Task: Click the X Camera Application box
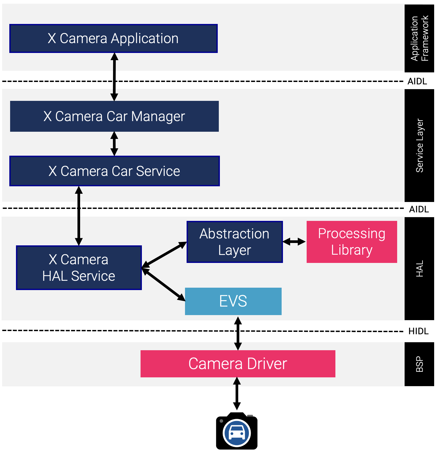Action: pyautogui.click(x=113, y=39)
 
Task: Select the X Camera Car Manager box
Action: pyautogui.click(x=114, y=116)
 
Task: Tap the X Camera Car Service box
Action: pyautogui.click(x=114, y=171)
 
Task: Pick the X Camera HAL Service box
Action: pyautogui.click(x=79, y=268)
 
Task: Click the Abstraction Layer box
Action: pyautogui.click(x=235, y=242)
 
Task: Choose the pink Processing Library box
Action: pyautogui.click(x=352, y=242)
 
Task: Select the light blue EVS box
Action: pyautogui.click(x=233, y=301)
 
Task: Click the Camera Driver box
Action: pyautogui.click(x=238, y=364)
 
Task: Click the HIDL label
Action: pyautogui.click(x=418, y=331)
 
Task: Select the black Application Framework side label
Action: pyautogui.click(x=419, y=39)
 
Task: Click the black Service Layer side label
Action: pyautogui.click(x=419, y=146)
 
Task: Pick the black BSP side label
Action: pyautogui.click(x=419, y=364)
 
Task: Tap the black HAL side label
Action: pyautogui.click(x=419, y=269)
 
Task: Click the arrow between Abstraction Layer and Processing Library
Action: pyautogui.click(x=294, y=242)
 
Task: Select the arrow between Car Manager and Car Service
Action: pyautogui.click(x=114, y=144)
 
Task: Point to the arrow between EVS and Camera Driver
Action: pyautogui.click(x=238, y=333)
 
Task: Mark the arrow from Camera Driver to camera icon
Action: pyautogui.click(x=237, y=394)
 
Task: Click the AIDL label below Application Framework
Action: pyautogui.click(x=417, y=81)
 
